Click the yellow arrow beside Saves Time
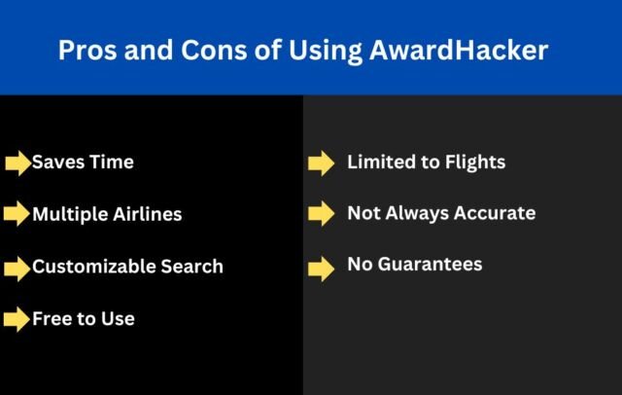(x=17, y=163)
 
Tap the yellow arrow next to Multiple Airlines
(x=17, y=215)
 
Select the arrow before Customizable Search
(x=17, y=268)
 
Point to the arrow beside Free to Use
(x=17, y=319)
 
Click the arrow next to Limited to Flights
(x=321, y=163)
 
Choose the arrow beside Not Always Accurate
(x=321, y=215)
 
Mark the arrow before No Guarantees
(x=321, y=268)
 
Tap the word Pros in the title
(x=85, y=51)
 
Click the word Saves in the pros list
(x=56, y=162)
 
